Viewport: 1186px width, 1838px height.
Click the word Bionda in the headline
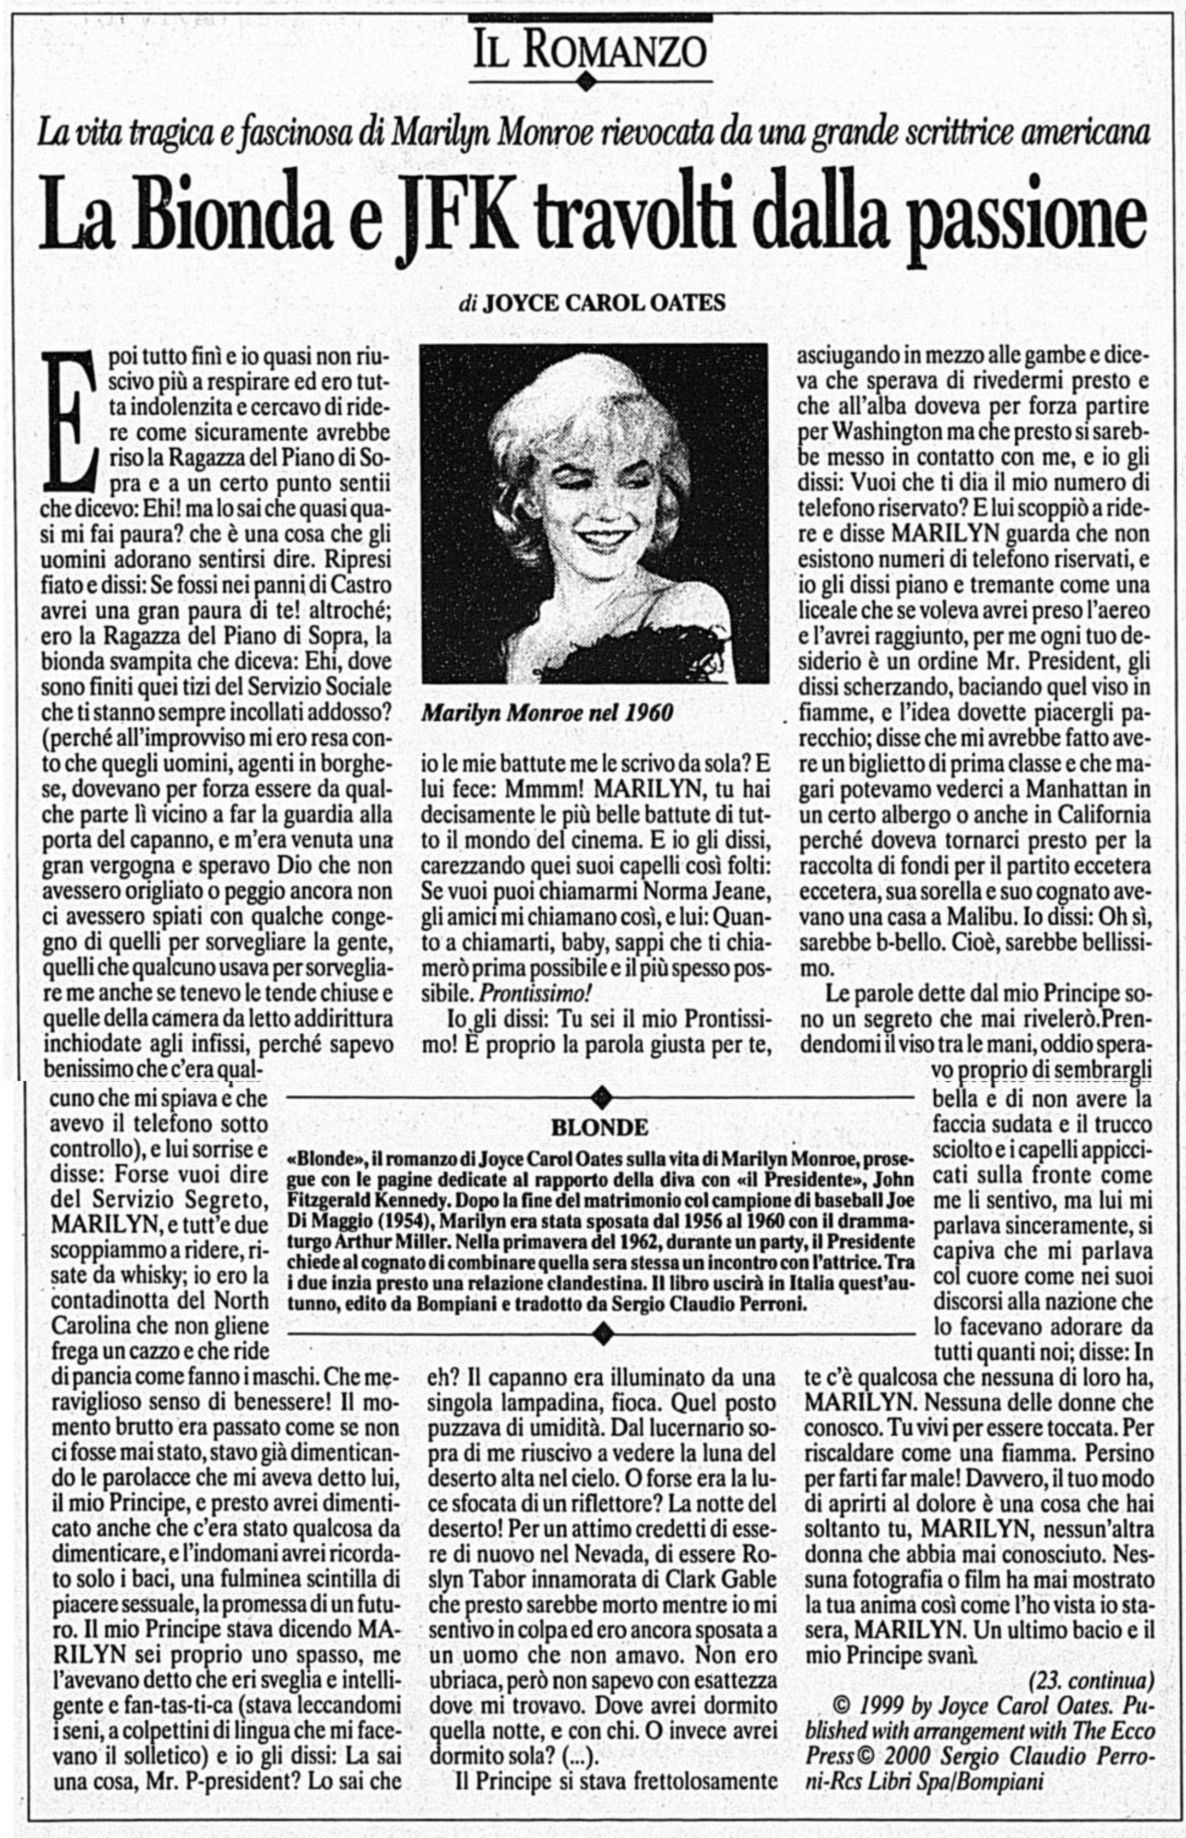220,216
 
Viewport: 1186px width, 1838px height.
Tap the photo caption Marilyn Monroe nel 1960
547,713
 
